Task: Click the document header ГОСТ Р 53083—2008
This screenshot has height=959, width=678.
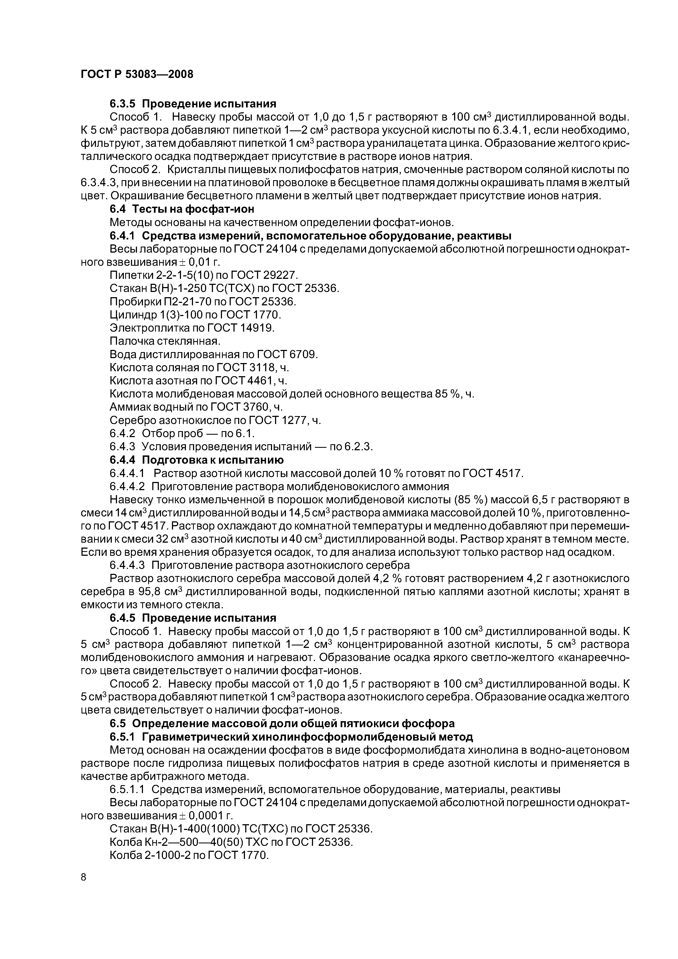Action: (137, 74)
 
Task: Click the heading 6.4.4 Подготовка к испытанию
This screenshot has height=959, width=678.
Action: (196, 460)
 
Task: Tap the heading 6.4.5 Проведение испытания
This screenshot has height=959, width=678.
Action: (193, 618)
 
